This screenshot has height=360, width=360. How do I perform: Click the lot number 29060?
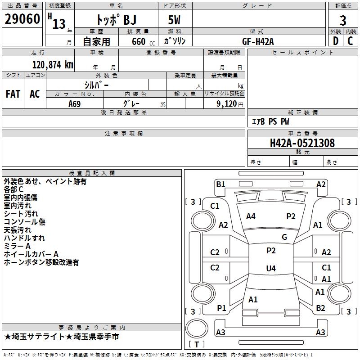coord(22,19)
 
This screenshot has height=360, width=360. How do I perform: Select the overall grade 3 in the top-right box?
coord(343,20)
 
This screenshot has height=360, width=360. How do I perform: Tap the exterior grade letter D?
coord(336,41)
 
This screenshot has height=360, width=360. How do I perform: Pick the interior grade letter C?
coord(350,41)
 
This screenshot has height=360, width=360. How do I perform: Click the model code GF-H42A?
coord(258,41)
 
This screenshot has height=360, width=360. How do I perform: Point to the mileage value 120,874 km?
coord(53,65)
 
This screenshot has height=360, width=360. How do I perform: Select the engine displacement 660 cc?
coord(143,42)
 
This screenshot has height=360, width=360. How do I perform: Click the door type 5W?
coord(174,20)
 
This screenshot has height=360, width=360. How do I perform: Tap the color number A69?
coord(75,104)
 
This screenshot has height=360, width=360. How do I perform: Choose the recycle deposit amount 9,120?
coord(227,104)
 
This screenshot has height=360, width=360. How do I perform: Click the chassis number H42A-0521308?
coord(302,143)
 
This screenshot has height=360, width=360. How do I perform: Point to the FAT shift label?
coord(13,94)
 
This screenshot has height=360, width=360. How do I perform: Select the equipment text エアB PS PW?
coord(270,121)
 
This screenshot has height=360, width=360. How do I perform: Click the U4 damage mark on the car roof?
coord(271,268)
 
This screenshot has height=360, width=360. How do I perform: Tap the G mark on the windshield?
coord(284,237)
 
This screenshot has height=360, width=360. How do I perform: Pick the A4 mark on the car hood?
coord(251,216)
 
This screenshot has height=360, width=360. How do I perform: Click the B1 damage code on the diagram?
coord(220,184)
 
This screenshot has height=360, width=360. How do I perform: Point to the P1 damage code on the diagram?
coord(221,308)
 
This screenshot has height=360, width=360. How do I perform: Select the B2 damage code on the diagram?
coord(320,308)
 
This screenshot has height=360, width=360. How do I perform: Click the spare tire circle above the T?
coord(197,328)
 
